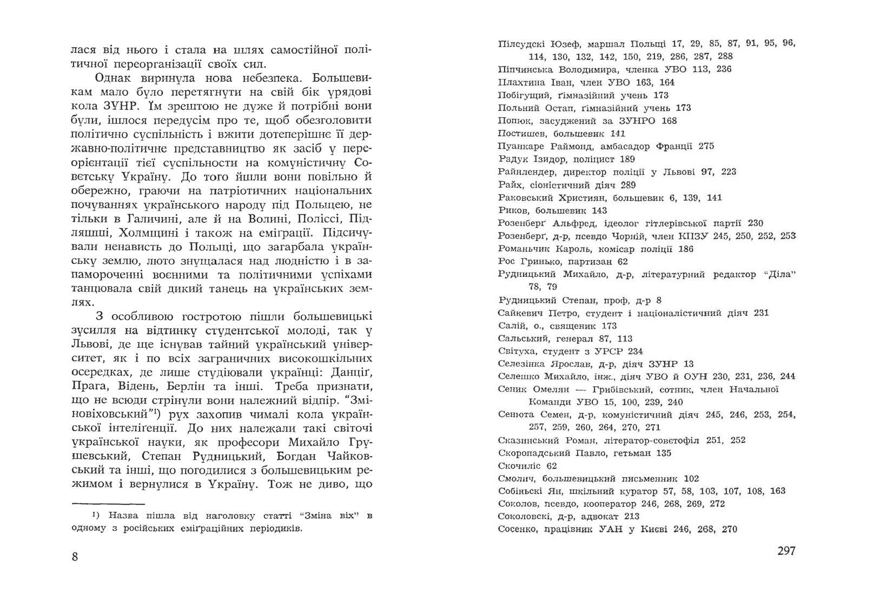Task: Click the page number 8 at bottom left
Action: [x=75, y=557]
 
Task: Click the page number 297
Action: [x=786, y=551]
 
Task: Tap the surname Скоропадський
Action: [x=532, y=453]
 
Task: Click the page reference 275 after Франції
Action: [x=706, y=146]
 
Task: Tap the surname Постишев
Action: [x=519, y=134]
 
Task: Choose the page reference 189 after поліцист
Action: [x=627, y=159]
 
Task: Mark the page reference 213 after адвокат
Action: [x=631, y=517]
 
